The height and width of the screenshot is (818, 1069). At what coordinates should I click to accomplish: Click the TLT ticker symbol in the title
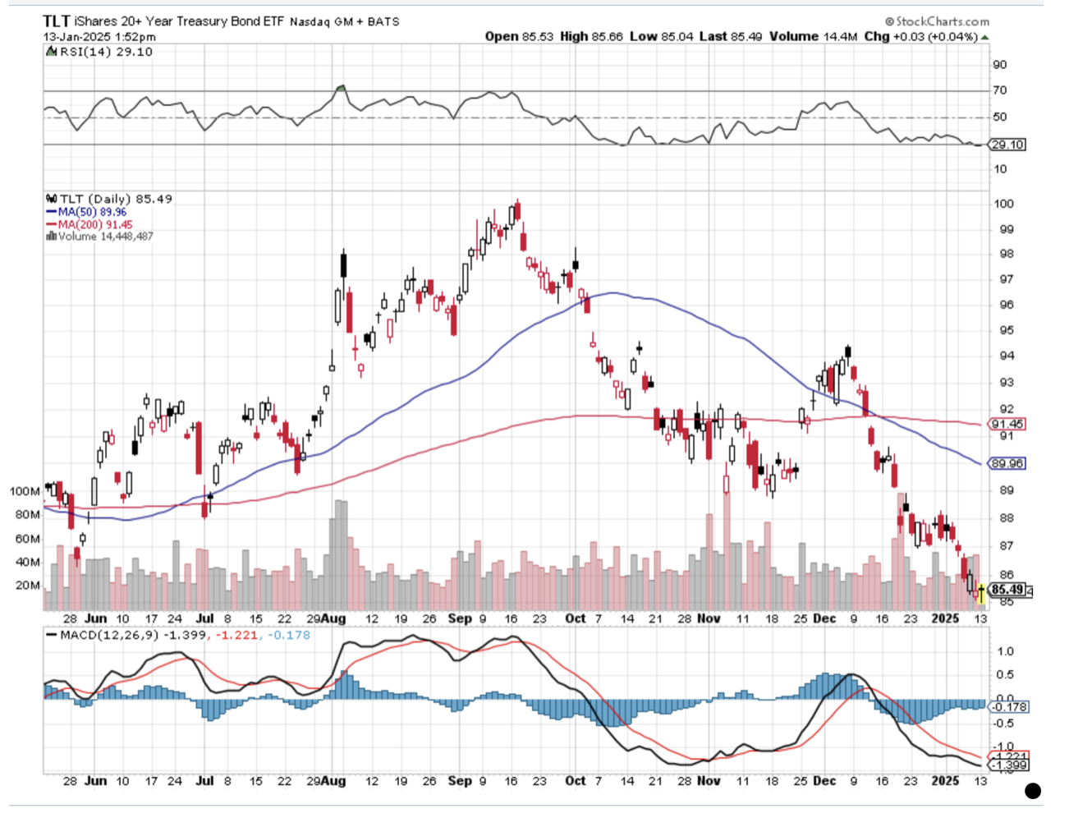57,21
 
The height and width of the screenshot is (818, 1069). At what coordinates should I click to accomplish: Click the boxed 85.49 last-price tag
1007,590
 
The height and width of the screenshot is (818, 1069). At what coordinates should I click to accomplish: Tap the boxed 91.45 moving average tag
1007,425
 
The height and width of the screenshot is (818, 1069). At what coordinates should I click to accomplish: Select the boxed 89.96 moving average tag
1007,464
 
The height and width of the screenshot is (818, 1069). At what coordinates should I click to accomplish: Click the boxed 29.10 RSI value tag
1007,145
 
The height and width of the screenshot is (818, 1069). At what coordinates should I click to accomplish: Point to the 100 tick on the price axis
1003,204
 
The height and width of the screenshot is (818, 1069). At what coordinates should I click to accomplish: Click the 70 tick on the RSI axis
1000,90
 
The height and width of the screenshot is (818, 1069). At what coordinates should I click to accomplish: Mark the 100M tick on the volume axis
25,491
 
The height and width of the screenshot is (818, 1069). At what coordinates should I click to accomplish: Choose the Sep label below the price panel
459,618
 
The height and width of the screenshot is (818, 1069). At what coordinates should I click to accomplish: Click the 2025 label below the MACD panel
945,781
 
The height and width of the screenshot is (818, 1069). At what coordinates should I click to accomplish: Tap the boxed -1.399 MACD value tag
1007,765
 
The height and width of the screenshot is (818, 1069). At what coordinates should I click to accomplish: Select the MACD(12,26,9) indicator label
102,635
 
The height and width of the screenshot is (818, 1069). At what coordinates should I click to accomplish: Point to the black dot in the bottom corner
1033,791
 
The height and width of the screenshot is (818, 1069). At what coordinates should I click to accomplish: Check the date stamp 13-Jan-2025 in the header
77,37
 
